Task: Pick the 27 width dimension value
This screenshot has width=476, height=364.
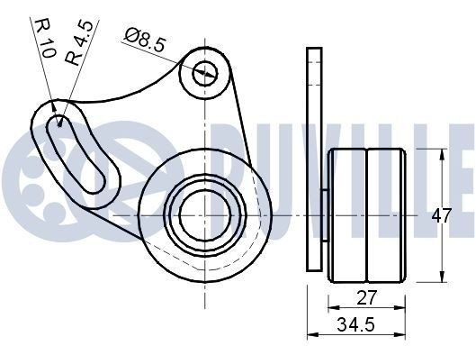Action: pos(367,298)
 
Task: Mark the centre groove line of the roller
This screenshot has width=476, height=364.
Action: pos(367,214)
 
